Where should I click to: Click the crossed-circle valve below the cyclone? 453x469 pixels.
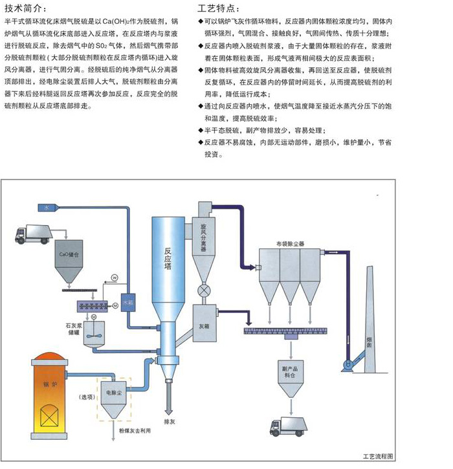(x=206, y=291)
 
